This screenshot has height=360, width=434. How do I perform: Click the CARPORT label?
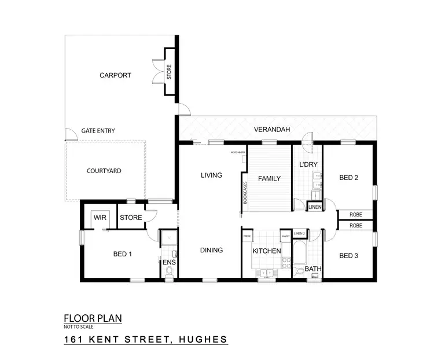coord(115,75)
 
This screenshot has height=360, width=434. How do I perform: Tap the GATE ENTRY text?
coord(97,131)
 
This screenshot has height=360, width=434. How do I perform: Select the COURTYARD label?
coord(104,171)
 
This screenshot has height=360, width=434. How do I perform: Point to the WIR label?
coord(98,218)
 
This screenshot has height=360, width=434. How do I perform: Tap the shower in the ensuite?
coord(169,238)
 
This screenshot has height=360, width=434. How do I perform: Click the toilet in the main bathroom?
coord(299,271)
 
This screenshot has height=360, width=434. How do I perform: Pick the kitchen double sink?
coord(267,273)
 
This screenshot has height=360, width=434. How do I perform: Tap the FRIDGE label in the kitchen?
coord(247,236)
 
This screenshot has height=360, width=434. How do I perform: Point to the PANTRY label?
coord(285,236)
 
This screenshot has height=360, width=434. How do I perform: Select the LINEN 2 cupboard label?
coord(299,233)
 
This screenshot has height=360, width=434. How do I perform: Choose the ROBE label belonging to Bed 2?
coord(356,215)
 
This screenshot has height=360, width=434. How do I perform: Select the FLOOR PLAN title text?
coord(93,318)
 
